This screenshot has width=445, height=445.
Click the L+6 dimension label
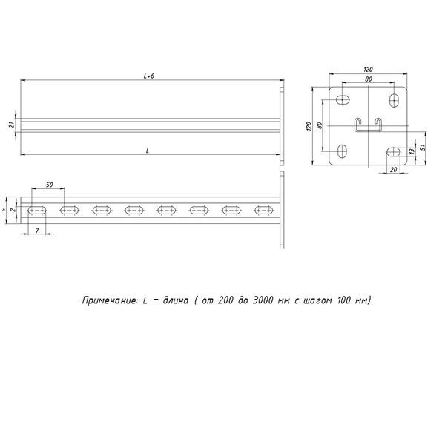148,75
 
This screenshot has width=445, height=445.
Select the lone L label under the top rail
148,151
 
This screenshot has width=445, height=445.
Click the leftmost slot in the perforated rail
37,211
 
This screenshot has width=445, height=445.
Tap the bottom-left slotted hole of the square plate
342,152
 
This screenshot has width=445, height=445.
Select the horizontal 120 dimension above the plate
368,69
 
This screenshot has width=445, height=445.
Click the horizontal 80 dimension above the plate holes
368,79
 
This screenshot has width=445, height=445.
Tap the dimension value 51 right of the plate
422,145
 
